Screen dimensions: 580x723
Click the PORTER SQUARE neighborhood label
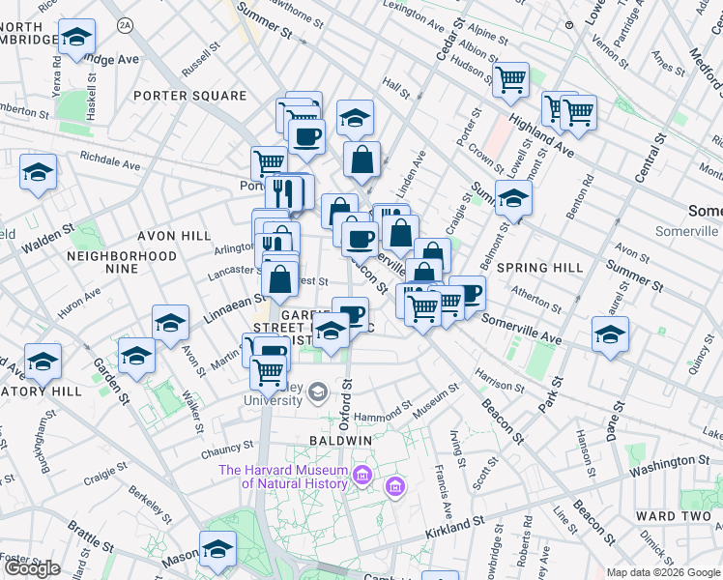pyautogui.click(x=190, y=96)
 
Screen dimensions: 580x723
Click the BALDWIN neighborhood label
pyautogui.click(x=341, y=441)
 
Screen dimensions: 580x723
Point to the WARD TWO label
pyautogui.click(x=674, y=516)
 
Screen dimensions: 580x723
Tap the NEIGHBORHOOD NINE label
pyautogui.click(x=122, y=262)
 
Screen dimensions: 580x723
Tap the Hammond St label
pyautogui.click(x=384, y=415)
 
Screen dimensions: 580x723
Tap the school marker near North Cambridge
pyautogui.click(x=76, y=38)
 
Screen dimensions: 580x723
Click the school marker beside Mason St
pyautogui.click(x=217, y=549)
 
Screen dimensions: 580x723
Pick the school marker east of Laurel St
pyautogui.click(x=610, y=334)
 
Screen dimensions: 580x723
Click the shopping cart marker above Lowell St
pyautogui.click(x=509, y=79)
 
